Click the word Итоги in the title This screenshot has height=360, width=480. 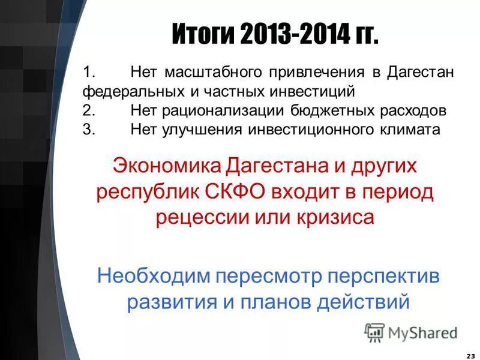tap(204, 35)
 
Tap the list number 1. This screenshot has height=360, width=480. tap(88, 73)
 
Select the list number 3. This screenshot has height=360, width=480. tap(88, 130)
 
